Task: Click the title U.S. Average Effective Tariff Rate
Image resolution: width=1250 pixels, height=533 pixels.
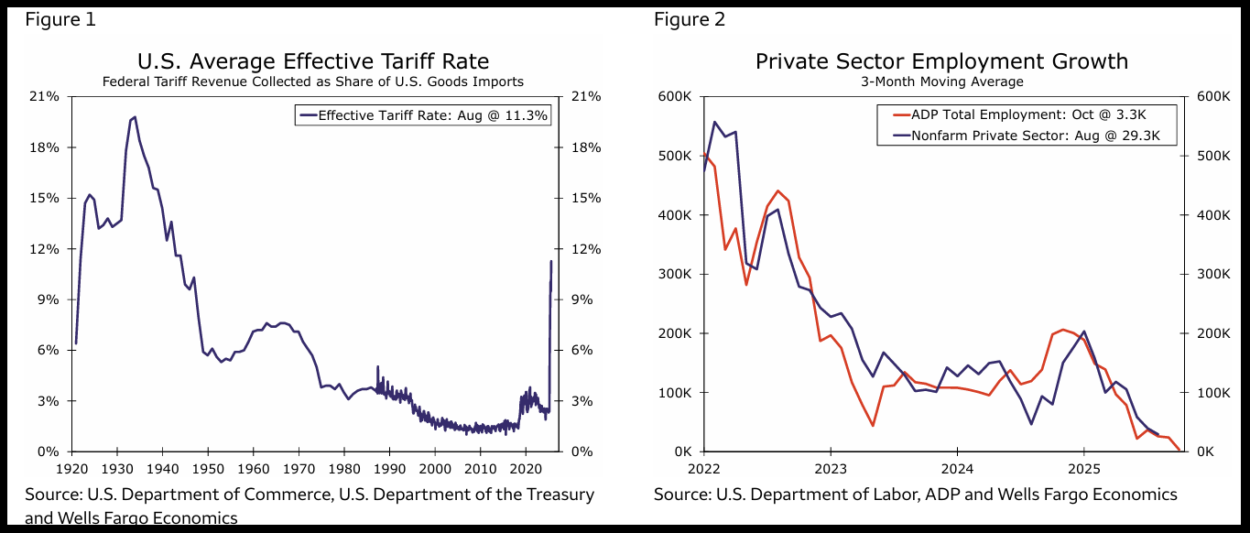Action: (x=312, y=61)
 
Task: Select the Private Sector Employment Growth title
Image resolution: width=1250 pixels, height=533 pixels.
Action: (x=941, y=61)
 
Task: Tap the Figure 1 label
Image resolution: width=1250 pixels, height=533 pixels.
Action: (x=60, y=19)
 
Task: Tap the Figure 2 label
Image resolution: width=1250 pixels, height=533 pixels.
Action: (x=690, y=19)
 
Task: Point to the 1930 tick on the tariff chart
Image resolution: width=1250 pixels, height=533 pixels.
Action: (x=117, y=468)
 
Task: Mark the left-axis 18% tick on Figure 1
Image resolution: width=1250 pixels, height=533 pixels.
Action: (x=46, y=147)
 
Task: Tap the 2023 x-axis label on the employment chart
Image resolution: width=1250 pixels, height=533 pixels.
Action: (x=830, y=468)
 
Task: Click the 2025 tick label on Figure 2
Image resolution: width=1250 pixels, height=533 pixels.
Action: (x=1083, y=468)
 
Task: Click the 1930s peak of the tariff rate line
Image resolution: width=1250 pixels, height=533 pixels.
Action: (x=135, y=117)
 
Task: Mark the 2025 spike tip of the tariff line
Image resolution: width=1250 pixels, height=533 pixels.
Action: (x=550, y=261)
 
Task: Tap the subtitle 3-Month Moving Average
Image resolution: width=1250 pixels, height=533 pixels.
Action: (x=941, y=82)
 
